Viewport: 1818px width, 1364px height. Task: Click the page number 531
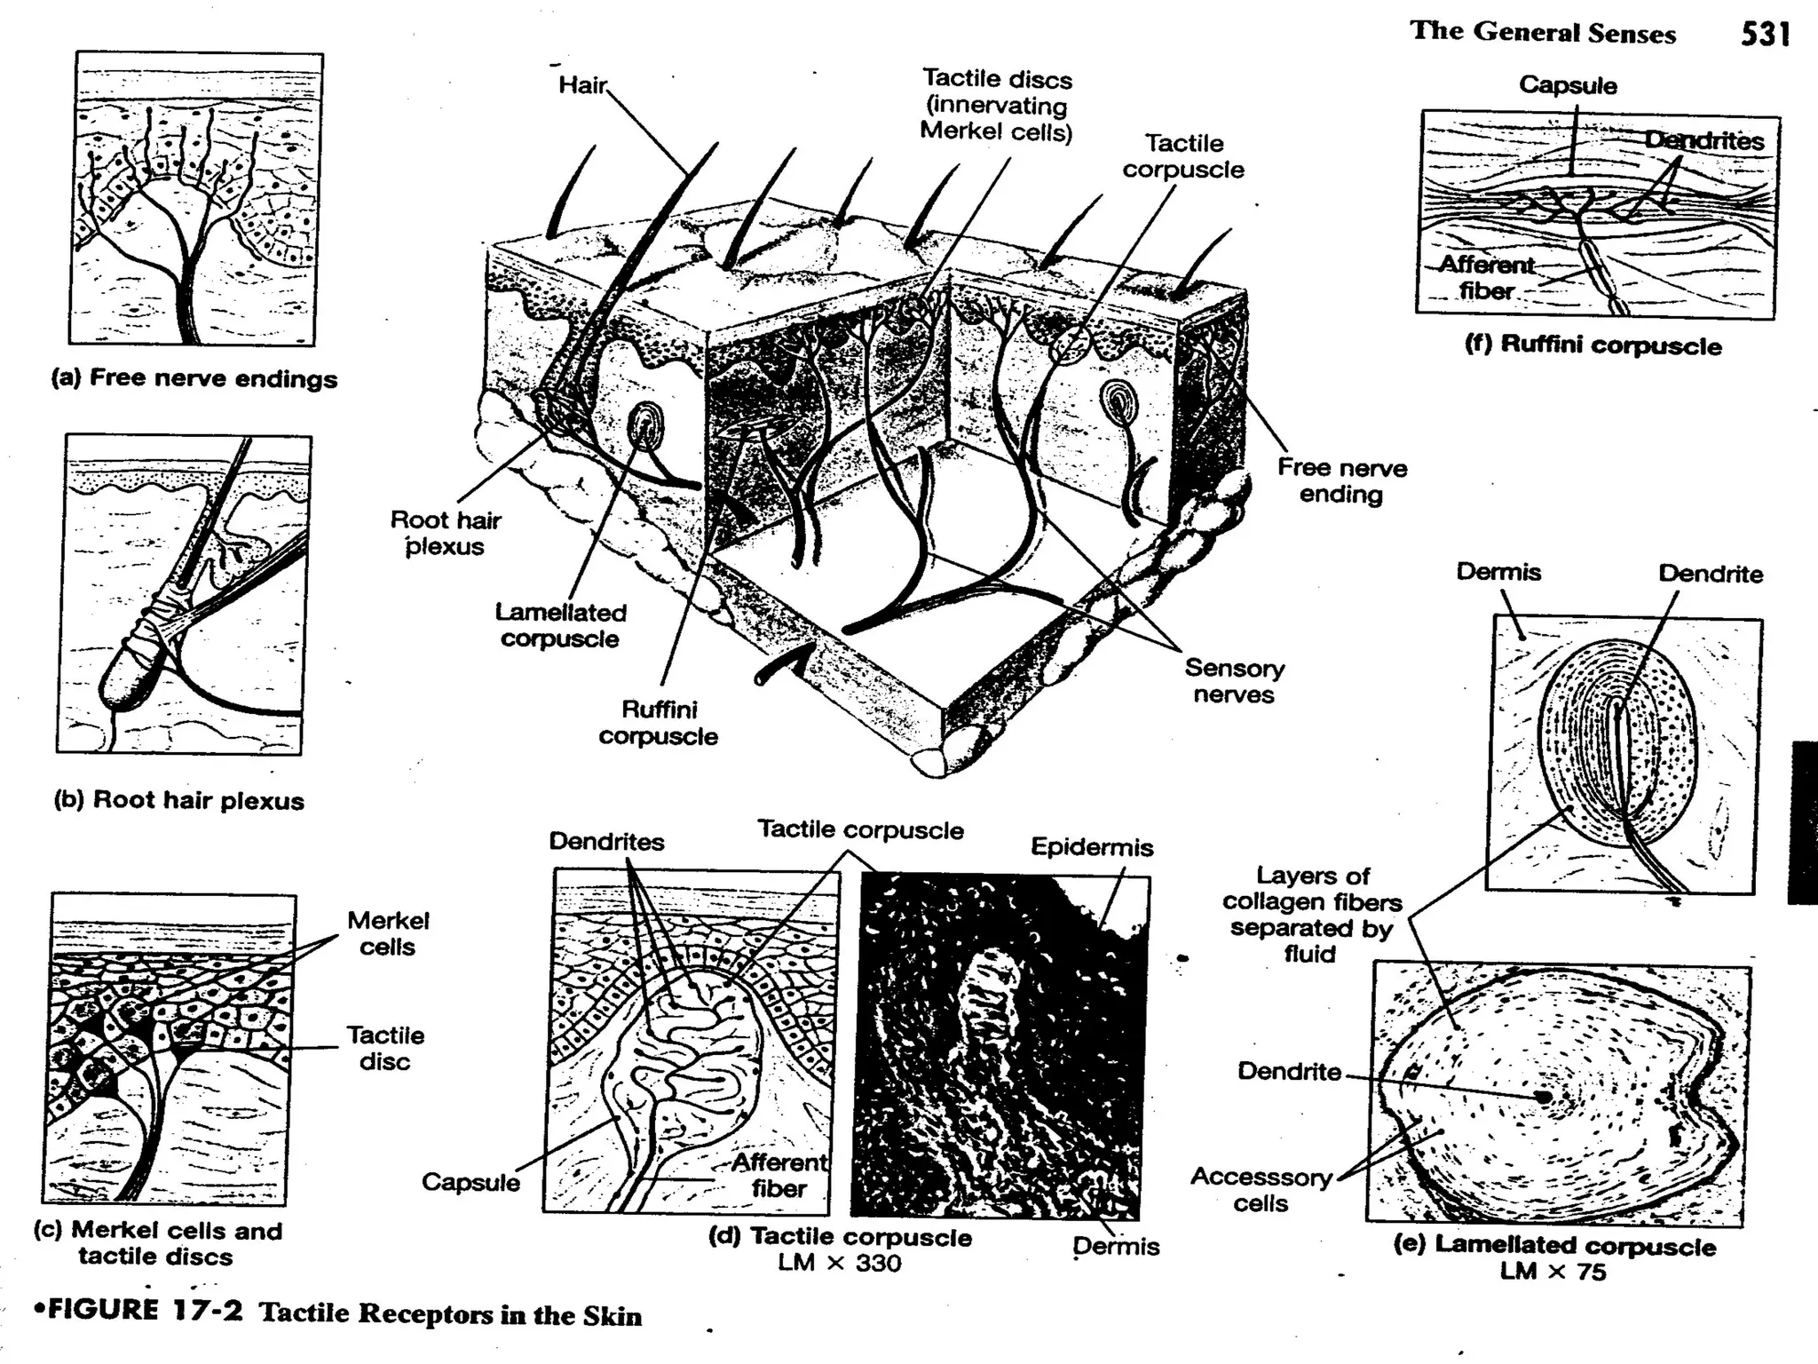point(1765,34)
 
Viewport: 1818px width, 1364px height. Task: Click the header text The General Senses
point(1543,32)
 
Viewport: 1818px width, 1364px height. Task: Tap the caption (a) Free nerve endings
point(194,378)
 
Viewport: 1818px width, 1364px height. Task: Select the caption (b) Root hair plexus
point(179,800)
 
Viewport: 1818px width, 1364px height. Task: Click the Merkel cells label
point(388,933)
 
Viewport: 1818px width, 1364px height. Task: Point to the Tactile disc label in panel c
point(385,1048)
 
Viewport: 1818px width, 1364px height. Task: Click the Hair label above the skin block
point(581,85)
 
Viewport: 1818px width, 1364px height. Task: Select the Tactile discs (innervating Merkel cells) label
point(996,106)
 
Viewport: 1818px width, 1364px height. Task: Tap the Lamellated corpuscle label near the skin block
point(560,625)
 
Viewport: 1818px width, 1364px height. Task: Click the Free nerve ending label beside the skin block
point(1341,480)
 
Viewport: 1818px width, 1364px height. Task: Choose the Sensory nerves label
point(1234,681)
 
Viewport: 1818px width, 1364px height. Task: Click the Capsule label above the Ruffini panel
point(1568,85)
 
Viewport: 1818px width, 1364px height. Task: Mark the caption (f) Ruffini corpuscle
point(1593,345)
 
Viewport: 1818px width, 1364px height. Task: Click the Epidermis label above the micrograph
point(1092,847)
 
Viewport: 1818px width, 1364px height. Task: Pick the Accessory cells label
point(1261,1190)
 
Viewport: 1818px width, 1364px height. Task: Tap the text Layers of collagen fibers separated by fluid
point(1311,915)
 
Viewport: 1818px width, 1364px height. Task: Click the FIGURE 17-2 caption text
point(337,1313)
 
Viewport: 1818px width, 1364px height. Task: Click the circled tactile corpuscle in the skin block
point(1068,344)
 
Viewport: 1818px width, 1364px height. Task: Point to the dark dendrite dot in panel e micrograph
point(1545,1097)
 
